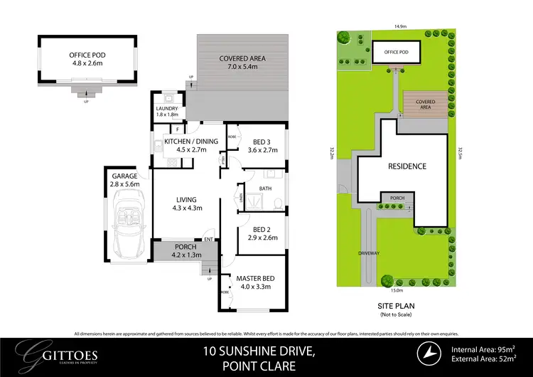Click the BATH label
tap(265, 188)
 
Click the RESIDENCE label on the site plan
tap(407, 166)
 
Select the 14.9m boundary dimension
tap(400, 26)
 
